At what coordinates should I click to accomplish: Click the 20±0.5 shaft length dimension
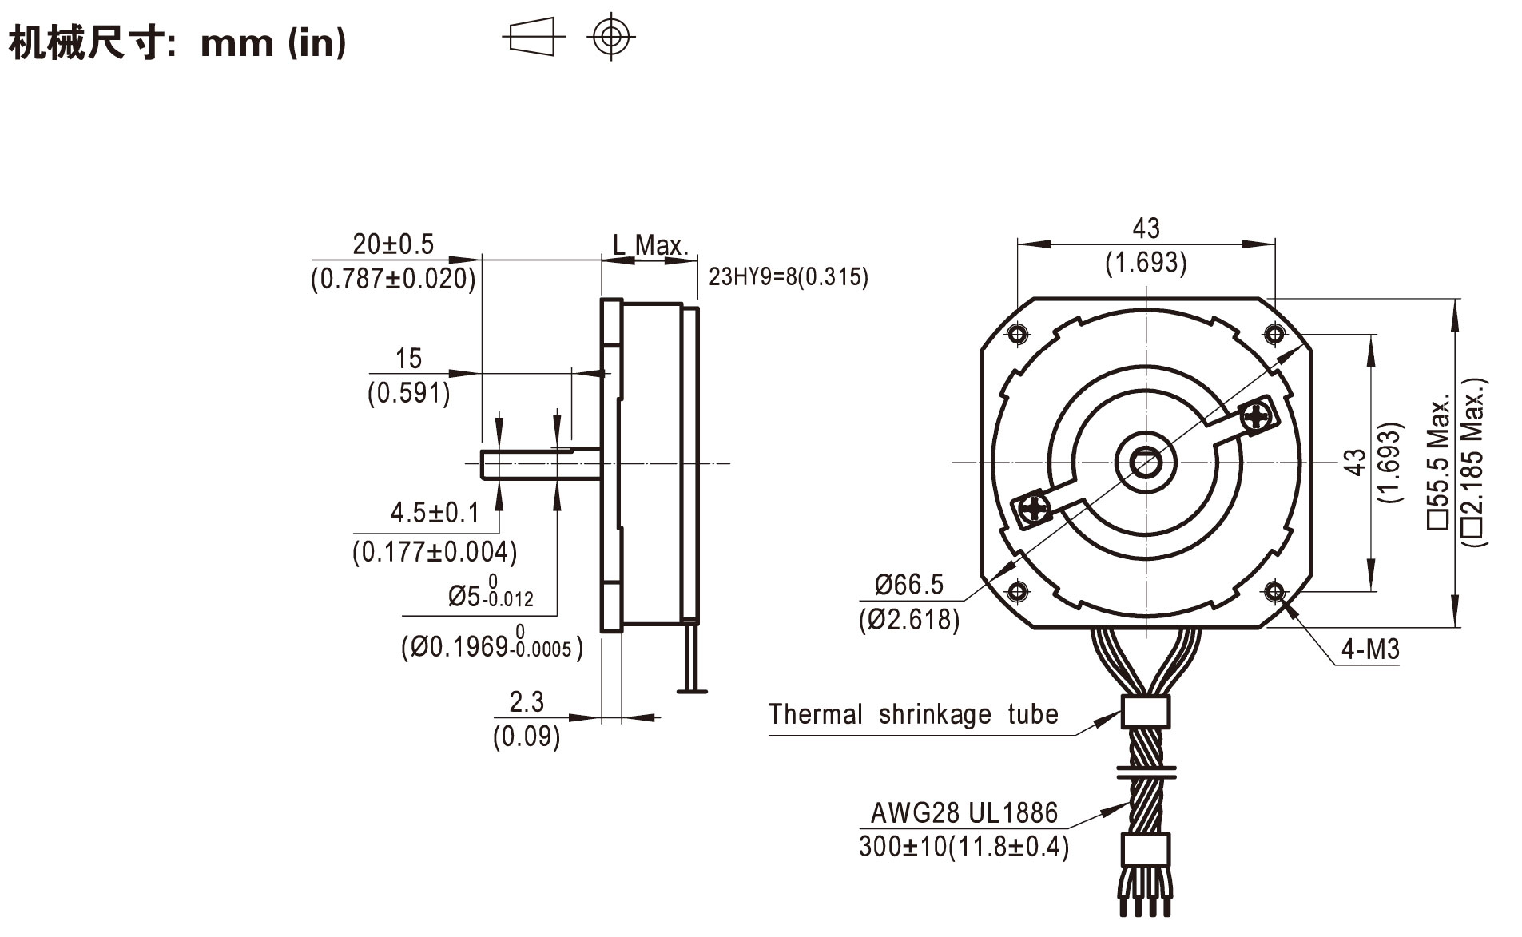point(393,244)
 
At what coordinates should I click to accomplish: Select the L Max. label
point(650,245)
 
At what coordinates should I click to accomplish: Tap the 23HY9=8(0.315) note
point(788,277)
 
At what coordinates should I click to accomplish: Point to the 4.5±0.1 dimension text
point(435,513)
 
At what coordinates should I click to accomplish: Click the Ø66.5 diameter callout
point(908,585)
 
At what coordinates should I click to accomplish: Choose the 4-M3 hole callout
point(1369,649)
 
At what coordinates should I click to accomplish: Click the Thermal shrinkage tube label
point(912,714)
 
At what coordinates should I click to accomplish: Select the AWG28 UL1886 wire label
point(964,813)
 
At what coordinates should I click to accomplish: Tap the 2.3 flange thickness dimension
point(527,702)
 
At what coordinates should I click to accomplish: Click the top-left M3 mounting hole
point(1017,333)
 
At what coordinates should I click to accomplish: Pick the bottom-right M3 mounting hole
point(1274,592)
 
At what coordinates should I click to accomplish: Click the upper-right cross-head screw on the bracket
point(1255,416)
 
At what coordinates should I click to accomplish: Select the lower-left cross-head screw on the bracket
point(1035,508)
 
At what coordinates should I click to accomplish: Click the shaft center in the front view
point(1146,463)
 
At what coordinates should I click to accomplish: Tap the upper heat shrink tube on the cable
point(1146,711)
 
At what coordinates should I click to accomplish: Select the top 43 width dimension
point(1145,229)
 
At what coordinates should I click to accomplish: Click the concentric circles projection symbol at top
point(611,36)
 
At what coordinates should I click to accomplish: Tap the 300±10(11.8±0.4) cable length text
point(964,847)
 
